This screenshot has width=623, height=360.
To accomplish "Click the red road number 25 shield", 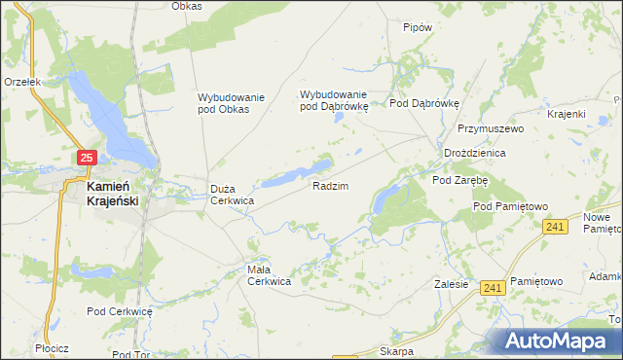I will [87, 158].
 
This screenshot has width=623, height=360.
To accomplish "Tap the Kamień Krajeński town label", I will [112, 194].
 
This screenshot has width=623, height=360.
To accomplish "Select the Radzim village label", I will [330, 185].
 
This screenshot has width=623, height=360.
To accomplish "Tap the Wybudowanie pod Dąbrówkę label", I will [334, 100].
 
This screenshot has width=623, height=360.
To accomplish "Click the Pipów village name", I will [417, 28].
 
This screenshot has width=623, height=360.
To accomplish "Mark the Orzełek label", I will [21, 83].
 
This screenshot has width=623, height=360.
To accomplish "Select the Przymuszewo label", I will [492, 128].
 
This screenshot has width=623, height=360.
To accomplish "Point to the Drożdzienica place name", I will [474, 154].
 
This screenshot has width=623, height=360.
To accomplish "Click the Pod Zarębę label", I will [459, 180].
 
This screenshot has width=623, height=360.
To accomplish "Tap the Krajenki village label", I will [566, 114].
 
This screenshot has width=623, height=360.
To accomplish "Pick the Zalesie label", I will [453, 285].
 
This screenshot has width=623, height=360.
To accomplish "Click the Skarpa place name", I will [397, 351].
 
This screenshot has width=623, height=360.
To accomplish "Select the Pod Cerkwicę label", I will [121, 311].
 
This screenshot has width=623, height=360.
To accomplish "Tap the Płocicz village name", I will [48, 347].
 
